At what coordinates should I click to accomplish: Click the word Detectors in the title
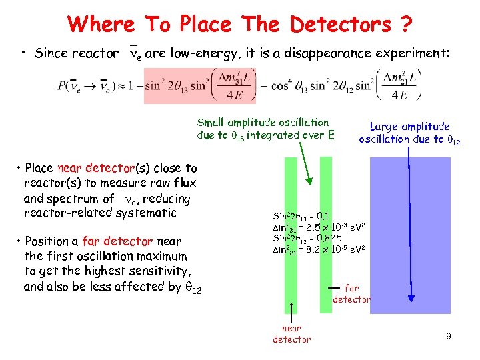(340, 25)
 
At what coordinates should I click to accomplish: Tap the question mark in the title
(405, 25)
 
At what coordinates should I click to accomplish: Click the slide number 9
(449, 337)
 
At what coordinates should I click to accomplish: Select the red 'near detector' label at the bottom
(291, 333)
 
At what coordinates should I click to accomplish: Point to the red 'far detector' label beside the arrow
(351, 293)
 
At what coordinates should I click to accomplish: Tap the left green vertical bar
(291, 233)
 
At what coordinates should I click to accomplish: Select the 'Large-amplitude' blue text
(409, 126)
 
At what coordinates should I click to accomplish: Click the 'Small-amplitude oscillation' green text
(263, 123)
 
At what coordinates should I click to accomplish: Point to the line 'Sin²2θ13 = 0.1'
(301, 216)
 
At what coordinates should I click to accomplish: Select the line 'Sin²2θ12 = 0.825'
(307, 238)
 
